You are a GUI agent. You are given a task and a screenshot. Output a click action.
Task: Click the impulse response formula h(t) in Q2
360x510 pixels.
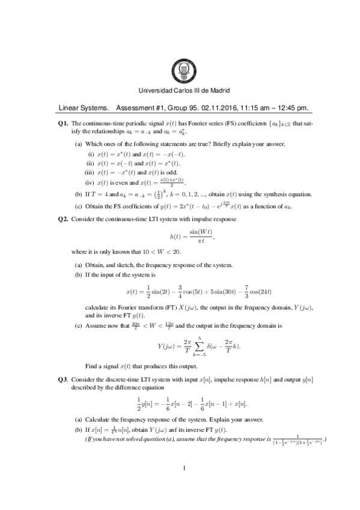[180, 235]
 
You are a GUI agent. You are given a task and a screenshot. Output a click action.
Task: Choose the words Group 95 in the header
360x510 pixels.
[171, 109]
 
